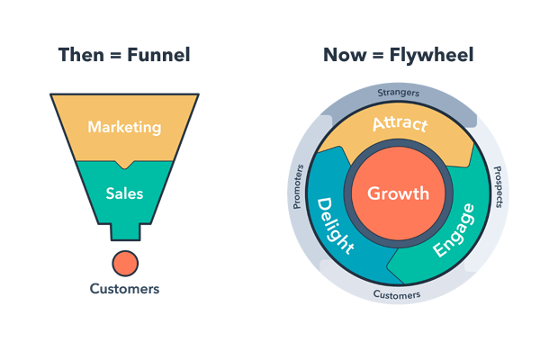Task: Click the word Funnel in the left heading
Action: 158,55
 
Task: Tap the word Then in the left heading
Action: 81,55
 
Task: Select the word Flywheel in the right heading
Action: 431,56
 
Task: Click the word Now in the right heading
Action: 345,55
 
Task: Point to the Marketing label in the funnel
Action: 124,128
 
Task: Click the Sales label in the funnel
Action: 124,193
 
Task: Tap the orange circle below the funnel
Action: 125,264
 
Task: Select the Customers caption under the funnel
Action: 124,289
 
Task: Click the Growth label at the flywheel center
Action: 398,193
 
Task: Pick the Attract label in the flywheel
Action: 400,123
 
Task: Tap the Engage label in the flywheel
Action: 454,230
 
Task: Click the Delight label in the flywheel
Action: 334,226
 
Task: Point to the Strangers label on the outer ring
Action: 399,93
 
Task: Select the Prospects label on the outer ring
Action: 499,186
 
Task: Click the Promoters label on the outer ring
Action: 298,186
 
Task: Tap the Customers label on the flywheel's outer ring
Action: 397,295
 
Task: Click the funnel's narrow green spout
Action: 125,232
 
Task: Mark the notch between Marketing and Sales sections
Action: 124,165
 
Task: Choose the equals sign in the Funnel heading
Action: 116,56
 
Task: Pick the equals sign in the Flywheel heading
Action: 378,56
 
